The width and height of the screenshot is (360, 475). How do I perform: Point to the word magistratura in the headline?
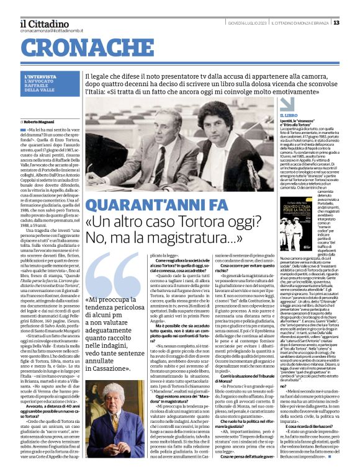click(197, 239)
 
